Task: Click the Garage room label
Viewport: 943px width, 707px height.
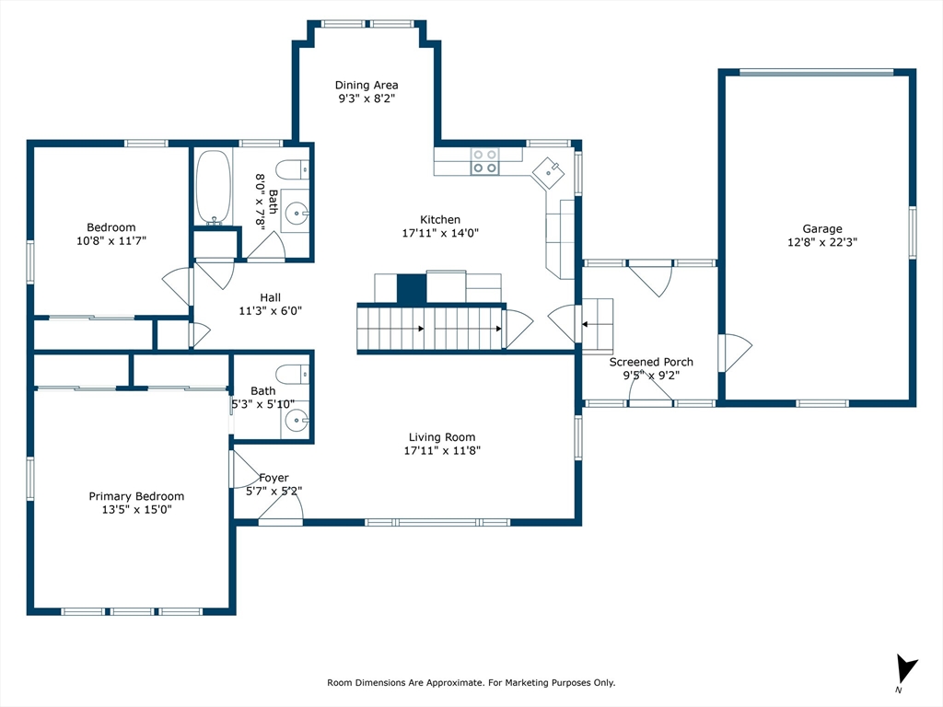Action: (x=822, y=228)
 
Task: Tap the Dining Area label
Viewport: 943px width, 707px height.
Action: (x=367, y=85)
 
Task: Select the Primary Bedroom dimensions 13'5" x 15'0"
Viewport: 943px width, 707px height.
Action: (x=136, y=509)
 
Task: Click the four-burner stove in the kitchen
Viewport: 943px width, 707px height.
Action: (x=484, y=161)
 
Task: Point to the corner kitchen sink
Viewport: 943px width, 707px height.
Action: (x=548, y=172)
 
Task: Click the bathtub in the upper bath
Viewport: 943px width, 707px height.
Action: (x=213, y=187)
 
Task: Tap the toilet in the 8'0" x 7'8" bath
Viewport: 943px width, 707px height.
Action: (x=292, y=169)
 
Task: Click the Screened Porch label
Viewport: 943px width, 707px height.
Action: (x=651, y=362)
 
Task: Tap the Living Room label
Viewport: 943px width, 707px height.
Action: (x=442, y=437)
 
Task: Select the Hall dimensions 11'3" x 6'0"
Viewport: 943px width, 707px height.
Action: (x=271, y=311)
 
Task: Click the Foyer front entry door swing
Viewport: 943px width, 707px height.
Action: (x=281, y=505)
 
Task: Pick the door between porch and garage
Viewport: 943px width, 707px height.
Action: (x=734, y=353)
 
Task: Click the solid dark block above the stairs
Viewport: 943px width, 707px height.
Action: (x=412, y=288)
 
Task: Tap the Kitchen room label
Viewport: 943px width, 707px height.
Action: (x=440, y=219)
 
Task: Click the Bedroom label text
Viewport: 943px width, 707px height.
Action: (x=111, y=227)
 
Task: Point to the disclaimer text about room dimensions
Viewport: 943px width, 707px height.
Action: (x=471, y=682)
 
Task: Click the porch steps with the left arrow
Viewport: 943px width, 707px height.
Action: (x=597, y=325)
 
